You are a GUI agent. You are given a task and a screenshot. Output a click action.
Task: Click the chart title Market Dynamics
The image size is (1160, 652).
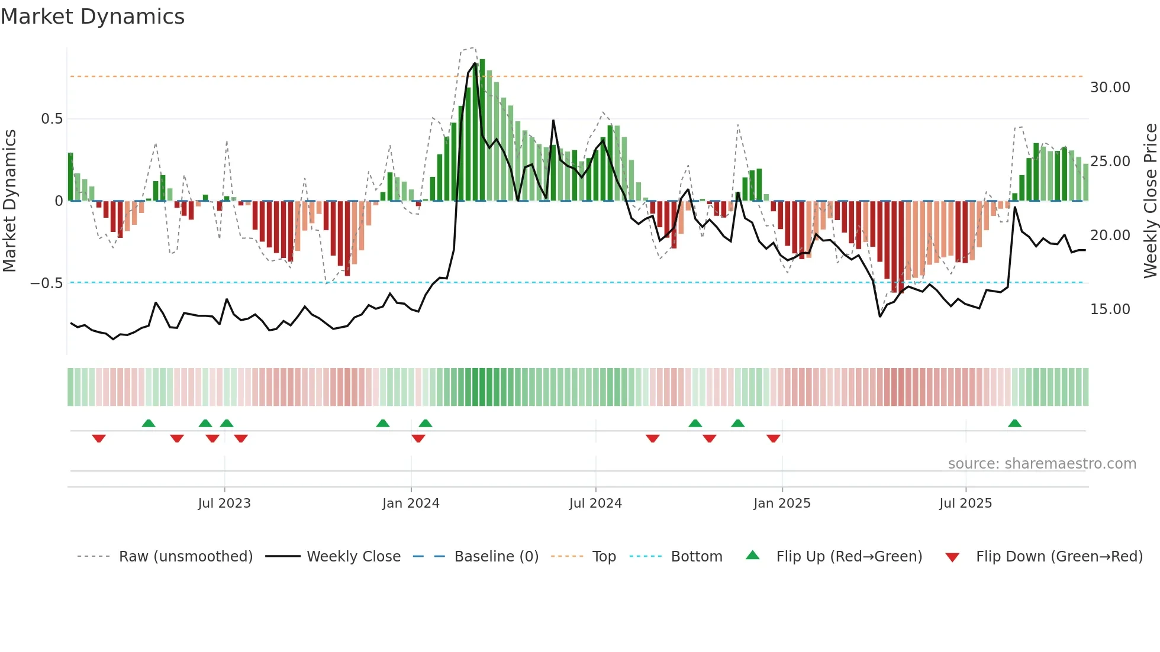click(92, 17)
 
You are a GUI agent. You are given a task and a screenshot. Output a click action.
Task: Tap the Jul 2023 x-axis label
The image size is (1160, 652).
click(224, 503)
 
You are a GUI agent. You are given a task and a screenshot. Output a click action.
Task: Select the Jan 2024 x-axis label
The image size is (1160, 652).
click(411, 503)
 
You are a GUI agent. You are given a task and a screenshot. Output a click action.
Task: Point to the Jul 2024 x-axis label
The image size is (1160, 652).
click(595, 503)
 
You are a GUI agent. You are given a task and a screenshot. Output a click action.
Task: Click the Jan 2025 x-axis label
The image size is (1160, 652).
click(782, 503)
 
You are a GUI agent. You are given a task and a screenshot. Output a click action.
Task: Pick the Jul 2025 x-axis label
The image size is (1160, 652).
click(965, 503)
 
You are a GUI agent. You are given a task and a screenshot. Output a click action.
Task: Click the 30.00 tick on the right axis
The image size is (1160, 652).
click(1110, 88)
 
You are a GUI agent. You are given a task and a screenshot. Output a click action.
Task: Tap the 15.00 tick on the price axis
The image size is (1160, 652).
click(1110, 309)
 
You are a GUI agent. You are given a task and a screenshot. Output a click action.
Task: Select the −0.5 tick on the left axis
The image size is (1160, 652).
click(46, 283)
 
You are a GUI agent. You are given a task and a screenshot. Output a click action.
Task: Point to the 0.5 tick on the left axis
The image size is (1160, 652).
click(51, 119)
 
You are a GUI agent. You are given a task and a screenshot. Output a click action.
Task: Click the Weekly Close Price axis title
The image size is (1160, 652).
click(1150, 201)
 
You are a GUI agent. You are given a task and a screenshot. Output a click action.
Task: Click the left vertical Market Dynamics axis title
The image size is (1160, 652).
click(9, 201)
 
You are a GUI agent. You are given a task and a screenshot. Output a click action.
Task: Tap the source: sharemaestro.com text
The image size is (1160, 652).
click(1042, 464)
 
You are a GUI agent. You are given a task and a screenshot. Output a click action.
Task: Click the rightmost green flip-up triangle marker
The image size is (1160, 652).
click(1014, 423)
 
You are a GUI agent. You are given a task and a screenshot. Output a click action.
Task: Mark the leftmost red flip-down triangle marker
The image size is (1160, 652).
click(99, 438)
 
